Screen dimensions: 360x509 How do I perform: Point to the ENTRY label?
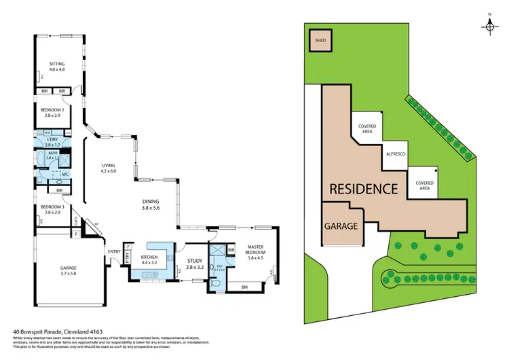click(x=113, y=252)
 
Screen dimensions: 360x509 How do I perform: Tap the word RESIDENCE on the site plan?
click(x=363, y=188)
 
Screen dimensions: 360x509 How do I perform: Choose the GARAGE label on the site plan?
click(x=341, y=226)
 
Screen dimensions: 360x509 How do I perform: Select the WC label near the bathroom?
click(x=66, y=175)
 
